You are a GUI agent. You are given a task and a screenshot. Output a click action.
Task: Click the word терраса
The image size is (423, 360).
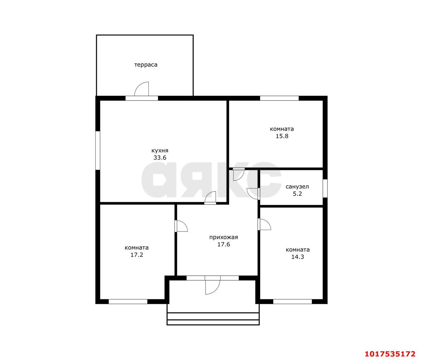pyautogui.click(x=146, y=65)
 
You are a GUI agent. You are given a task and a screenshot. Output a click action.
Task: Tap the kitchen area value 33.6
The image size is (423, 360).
pyautogui.click(x=160, y=158)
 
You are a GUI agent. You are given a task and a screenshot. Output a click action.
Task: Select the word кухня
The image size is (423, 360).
pyautogui.click(x=160, y=151)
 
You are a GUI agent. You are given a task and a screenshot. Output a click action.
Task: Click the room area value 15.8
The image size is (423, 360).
pyautogui.click(x=282, y=136)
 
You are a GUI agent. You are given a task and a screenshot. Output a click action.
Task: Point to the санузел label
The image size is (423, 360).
pyautogui.click(x=297, y=187)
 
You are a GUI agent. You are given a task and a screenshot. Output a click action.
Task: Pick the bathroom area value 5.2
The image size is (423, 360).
pyautogui.click(x=297, y=194)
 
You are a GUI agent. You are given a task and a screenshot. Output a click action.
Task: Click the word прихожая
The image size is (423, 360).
pyautogui.click(x=223, y=237)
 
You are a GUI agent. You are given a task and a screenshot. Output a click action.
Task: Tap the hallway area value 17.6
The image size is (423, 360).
pyautogui.click(x=224, y=244)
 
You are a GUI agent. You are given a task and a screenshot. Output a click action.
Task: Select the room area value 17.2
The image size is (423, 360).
pyautogui.click(x=137, y=255)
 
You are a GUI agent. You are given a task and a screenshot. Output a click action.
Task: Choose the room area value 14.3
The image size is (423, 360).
pyautogui.click(x=297, y=257)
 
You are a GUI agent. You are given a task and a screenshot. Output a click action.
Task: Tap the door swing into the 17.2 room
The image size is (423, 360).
pyautogui.click(x=181, y=226)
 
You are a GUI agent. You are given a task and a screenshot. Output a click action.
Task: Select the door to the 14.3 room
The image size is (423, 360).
pyautogui.click(x=264, y=224)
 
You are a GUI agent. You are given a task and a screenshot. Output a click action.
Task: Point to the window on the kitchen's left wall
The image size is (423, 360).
pyautogui.click(x=98, y=150)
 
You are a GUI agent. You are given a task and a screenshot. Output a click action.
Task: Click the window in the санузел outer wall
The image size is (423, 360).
pyautogui.click(x=325, y=188)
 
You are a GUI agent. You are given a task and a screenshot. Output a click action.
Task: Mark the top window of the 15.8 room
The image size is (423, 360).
pyautogui.click(x=279, y=98)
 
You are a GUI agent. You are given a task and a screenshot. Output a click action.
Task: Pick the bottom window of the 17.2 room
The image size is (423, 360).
pyautogui.click(x=128, y=301)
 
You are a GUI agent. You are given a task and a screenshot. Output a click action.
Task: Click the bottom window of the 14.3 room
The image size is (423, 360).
pyautogui.click(x=292, y=301)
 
